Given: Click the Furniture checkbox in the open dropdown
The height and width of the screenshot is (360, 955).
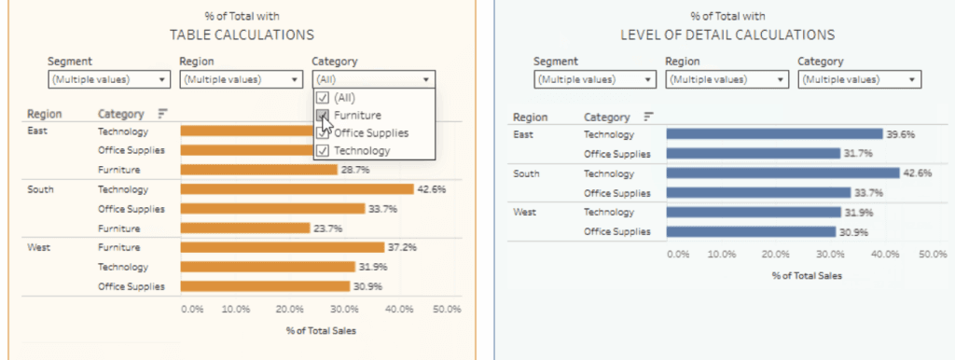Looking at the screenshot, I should click(323, 115).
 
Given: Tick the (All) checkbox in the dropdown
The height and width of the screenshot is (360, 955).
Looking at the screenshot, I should click(323, 97).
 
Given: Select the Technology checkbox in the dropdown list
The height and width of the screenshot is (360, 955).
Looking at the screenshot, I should click(323, 150).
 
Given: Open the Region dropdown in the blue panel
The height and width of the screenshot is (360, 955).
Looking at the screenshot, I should click(725, 79).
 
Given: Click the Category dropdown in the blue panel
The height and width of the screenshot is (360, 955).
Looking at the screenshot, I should click(859, 79).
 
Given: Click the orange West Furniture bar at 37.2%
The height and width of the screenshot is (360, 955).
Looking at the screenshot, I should click(282, 247).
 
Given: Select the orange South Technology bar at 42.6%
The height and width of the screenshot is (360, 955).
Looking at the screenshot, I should click(297, 189).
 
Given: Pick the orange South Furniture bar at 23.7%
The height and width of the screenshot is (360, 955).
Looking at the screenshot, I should click(244, 228).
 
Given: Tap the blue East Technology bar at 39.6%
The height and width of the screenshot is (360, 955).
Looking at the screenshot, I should click(774, 134).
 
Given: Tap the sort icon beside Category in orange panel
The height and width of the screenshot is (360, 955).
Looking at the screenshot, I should click(162, 114).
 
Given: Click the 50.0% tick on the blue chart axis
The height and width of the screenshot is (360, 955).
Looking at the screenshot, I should click(933, 254).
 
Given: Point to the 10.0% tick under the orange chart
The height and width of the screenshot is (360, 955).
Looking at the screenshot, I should click(235, 309).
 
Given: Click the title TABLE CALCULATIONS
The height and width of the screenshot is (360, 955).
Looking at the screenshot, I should click(242, 35).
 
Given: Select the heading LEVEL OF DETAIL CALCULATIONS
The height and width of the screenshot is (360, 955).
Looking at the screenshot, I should click(727, 35).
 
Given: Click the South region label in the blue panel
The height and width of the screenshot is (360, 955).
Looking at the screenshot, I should click(527, 173).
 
